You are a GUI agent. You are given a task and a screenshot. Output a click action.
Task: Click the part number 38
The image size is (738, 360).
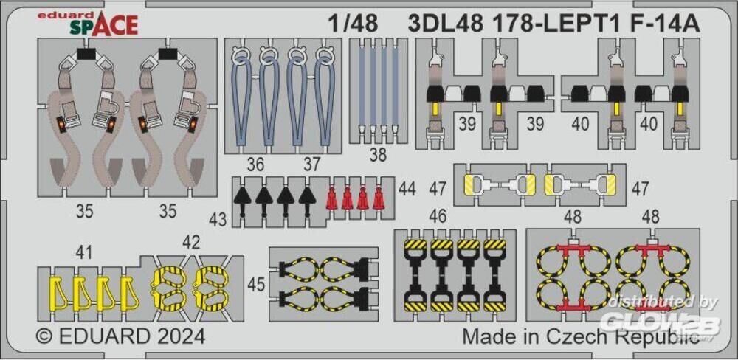point(378,154)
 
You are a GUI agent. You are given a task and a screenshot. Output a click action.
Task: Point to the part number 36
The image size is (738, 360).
point(255,165)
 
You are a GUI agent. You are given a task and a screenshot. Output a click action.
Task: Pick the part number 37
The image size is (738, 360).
point(311,165)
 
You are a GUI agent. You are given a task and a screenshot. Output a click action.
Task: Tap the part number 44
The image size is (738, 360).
point(407,189)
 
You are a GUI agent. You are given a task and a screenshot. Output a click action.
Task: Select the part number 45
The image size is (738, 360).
point(256,285)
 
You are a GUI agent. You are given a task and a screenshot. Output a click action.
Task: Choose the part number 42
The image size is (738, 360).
point(190,243)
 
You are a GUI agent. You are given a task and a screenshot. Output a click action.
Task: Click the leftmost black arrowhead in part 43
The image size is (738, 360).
point(242,201)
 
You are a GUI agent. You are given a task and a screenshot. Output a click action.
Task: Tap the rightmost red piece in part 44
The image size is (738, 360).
point(378,198)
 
